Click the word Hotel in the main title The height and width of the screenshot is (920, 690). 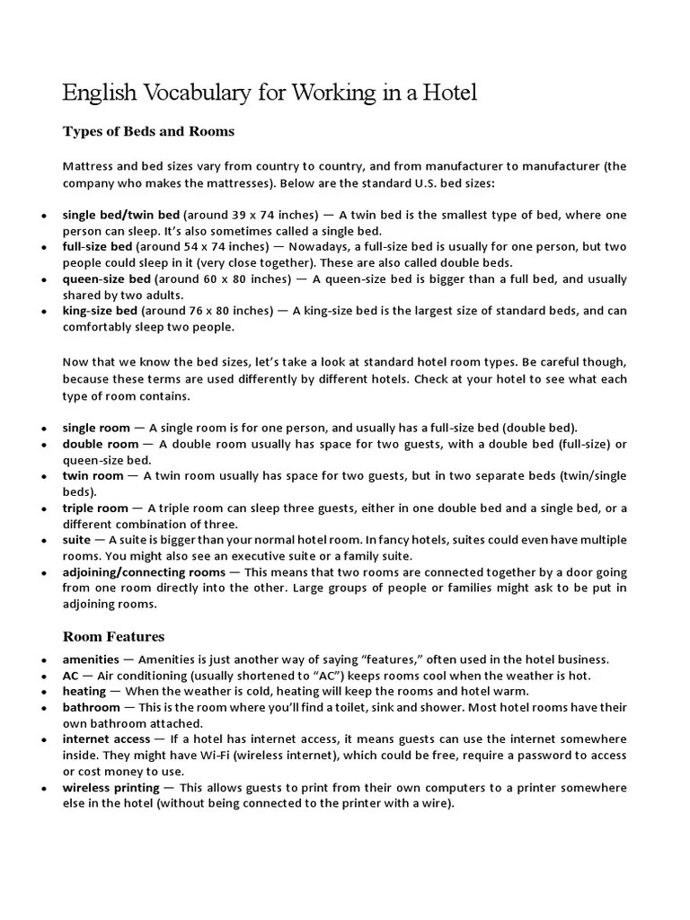tap(445, 92)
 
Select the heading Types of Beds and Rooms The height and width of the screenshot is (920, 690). tap(148, 131)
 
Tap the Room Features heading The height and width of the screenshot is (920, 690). tap(113, 636)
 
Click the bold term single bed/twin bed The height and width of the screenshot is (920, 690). tap(121, 216)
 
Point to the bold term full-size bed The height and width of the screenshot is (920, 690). tap(98, 246)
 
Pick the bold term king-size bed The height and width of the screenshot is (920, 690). tap(100, 311)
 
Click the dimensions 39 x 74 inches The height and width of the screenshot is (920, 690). tap(270, 216)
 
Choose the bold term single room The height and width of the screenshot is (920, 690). tap(96, 428)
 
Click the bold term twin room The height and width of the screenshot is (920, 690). tap(93, 475)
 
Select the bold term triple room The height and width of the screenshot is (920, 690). tap(95, 508)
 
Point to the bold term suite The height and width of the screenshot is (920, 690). tap(76, 540)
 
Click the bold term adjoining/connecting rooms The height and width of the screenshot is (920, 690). tap(144, 571)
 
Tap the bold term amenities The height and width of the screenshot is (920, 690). tap(91, 659)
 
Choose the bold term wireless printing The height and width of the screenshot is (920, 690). tap(111, 787)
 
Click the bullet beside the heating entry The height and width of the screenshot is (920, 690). tap(44, 692)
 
